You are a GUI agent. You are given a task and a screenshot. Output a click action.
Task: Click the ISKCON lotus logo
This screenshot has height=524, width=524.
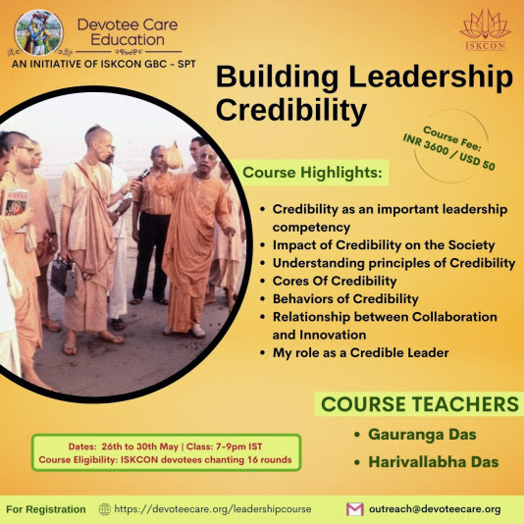[x=485, y=29]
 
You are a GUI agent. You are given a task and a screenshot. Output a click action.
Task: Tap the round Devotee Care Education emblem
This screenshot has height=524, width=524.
[x=39, y=32]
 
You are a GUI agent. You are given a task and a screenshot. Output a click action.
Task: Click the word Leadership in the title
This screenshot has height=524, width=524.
[x=431, y=77]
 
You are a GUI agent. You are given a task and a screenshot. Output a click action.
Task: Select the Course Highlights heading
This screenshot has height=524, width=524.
[x=312, y=173]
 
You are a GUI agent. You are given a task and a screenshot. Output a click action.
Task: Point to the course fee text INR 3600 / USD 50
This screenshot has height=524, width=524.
[x=449, y=152]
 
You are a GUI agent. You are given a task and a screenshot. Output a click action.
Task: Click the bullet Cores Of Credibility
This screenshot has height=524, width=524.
[x=335, y=281]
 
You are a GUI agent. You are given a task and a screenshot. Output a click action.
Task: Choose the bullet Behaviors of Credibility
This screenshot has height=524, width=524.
[x=345, y=298]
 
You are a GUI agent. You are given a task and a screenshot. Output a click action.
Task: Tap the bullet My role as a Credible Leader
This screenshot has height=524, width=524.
[x=360, y=353]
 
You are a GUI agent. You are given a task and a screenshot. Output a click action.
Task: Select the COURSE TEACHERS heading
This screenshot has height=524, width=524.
[x=420, y=404]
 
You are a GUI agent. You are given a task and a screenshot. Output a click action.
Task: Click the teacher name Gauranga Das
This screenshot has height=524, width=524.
[x=422, y=435]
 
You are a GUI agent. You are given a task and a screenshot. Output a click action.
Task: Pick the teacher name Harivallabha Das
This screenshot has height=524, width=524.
[x=434, y=462]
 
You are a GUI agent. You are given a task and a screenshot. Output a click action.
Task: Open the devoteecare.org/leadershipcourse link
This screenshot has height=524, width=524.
[x=213, y=509]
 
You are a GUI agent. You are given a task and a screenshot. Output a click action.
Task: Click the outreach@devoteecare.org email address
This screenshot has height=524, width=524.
[x=435, y=509]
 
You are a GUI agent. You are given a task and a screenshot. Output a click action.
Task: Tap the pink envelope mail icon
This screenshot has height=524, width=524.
[x=355, y=509]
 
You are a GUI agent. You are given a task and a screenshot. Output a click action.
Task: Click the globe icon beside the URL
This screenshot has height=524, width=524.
[x=105, y=509]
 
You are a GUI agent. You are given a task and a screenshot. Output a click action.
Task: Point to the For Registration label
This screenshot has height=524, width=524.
[x=46, y=509]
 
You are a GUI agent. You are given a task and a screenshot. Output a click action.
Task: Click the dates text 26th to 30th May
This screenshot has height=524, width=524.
[x=139, y=446]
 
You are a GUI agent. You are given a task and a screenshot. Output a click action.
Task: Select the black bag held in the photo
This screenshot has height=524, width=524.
[x=64, y=276]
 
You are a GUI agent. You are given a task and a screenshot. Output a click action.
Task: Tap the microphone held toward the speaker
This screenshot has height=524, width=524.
[x=143, y=175]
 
